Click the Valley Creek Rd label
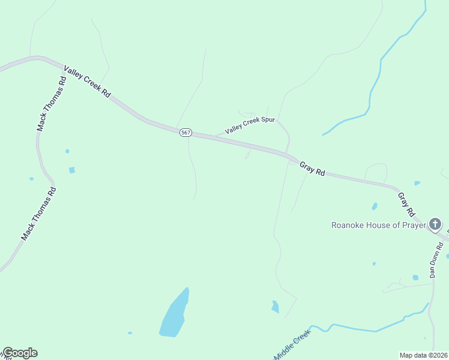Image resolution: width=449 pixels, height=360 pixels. (x=88, y=83)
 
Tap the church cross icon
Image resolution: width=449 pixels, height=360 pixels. (x=435, y=225)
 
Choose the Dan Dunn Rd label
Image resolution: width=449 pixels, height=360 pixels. (x=436, y=259)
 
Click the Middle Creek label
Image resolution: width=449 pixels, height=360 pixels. (x=292, y=345)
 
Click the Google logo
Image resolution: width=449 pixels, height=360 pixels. (x=20, y=353)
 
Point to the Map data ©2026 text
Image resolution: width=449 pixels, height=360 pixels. (x=423, y=355)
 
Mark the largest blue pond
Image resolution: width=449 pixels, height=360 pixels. (x=174, y=315)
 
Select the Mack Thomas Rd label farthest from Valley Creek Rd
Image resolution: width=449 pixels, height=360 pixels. (x=39, y=214)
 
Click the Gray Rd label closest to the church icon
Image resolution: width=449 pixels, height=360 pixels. (x=406, y=204)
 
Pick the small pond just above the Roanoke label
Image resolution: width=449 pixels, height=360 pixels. (x=375, y=206)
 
